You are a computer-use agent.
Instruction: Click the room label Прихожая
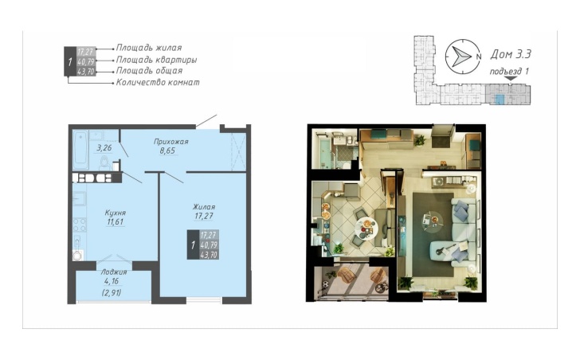pos(170,141)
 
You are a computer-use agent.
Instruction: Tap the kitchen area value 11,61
pos(115,222)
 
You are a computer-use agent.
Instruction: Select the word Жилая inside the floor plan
pos(204,206)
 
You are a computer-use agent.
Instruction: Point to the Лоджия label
pos(114,272)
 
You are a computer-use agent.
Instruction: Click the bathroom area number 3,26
pos(104,148)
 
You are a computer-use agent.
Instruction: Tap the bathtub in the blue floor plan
pos(80,149)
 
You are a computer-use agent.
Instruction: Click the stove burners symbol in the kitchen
pos(80,225)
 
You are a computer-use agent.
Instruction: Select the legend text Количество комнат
pos(158,82)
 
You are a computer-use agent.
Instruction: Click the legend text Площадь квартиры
pos(156,60)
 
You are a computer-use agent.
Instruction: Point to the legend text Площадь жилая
pos(149,48)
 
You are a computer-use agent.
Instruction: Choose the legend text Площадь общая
pos(150,71)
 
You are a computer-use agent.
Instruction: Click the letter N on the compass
pos(479,57)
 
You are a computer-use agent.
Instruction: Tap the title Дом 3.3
pos(511,54)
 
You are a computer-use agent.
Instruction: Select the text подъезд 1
pos(509,72)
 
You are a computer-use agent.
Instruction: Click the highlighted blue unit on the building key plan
pos(500,99)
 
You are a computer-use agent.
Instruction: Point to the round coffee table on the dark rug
pos(431,221)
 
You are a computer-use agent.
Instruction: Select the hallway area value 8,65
pos(167,151)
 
